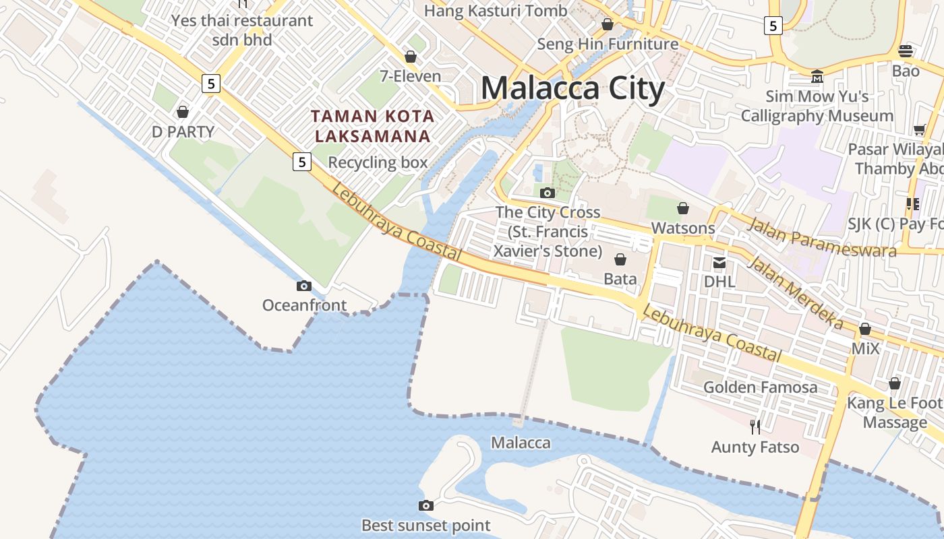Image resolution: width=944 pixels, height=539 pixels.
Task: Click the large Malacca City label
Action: (572, 89)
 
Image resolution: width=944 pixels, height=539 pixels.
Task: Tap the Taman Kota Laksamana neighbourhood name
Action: (373, 126)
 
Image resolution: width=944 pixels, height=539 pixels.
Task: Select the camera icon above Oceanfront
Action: (304, 286)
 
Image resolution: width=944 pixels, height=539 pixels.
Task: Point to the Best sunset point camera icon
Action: (426, 505)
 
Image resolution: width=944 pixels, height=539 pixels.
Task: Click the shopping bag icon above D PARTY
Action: (183, 111)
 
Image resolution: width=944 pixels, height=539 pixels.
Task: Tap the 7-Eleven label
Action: (411, 76)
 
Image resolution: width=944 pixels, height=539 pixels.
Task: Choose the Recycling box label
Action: (378, 162)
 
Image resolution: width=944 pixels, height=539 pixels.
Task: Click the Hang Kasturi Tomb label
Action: (496, 11)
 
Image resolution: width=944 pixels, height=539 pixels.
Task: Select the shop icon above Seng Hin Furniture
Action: (608, 24)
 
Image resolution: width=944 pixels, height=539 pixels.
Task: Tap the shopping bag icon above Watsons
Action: (683, 208)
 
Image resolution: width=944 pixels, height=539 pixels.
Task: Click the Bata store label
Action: (620, 278)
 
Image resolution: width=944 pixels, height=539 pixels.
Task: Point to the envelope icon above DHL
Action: (719, 262)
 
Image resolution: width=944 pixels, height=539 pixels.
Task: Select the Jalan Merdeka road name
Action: (796, 293)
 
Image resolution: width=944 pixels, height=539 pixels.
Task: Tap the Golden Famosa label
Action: (761, 387)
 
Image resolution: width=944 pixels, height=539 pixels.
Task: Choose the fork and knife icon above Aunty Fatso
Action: (755, 426)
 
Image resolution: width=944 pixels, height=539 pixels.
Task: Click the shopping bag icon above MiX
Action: (865, 329)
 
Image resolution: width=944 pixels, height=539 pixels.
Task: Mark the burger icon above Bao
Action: (906, 51)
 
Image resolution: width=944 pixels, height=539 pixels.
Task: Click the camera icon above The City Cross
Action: (548, 193)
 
